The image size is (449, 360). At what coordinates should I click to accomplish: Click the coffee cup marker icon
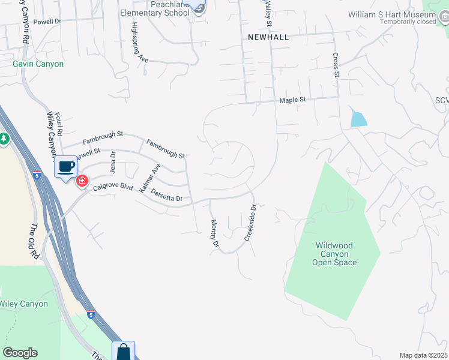(65, 166)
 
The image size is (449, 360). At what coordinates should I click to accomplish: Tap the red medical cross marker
(81, 180)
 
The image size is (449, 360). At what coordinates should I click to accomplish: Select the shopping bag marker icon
(123, 352)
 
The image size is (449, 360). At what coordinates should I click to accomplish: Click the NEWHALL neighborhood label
(268, 37)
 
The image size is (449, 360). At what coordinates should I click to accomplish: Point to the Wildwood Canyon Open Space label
(335, 254)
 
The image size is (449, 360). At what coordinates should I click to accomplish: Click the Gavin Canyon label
(38, 64)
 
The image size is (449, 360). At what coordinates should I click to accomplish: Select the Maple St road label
(293, 100)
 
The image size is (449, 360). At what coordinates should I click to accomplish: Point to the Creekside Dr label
(250, 223)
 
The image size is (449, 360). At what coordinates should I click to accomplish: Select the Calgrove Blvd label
(113, 187)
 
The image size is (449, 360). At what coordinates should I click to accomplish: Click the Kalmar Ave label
(149, 178)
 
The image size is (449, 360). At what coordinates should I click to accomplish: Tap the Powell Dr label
(48, 22)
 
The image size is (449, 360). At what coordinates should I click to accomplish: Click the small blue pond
(358, 119)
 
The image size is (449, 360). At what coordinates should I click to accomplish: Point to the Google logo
(20, 353)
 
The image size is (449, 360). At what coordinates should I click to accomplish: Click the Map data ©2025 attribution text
(423, 355)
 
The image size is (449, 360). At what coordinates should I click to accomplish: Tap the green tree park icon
(4, 139)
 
